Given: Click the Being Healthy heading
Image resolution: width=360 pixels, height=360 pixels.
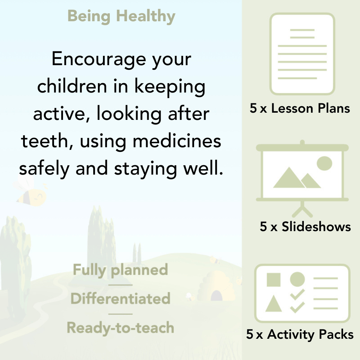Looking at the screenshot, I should point(121,16).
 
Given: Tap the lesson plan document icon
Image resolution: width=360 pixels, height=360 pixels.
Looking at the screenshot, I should point(302,54).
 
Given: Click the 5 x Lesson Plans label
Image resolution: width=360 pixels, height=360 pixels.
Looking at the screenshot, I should point(300,108).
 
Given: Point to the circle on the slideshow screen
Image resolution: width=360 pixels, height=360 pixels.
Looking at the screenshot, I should point(324,163).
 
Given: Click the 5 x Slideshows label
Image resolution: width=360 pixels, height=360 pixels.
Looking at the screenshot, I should point(305,226).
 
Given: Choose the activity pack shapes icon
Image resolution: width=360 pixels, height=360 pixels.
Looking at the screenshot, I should point(302,293).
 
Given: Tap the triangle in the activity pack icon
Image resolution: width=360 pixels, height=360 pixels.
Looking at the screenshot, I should point(273,304).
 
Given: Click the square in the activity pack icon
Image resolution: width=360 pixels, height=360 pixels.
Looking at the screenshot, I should point(274,279).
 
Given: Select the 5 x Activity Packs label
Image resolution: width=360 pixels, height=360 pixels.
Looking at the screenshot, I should point(300,334).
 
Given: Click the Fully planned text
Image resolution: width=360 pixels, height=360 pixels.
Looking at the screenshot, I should point(120,270).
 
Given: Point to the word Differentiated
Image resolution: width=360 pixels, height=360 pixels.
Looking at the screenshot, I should point(120,299).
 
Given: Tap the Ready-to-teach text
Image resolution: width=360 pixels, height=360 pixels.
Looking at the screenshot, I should point(120,328).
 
